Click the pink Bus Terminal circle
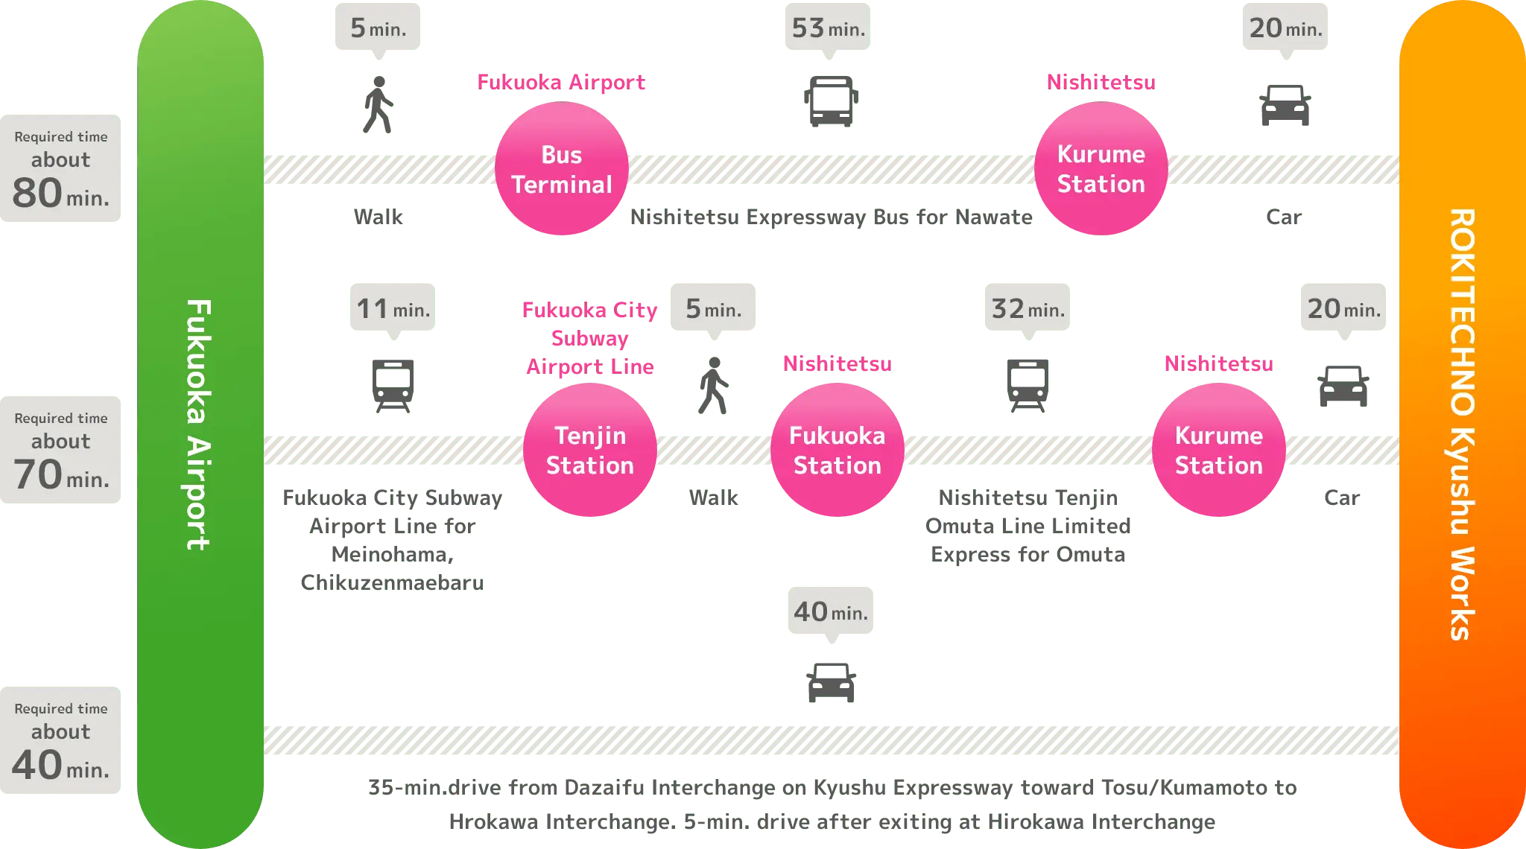coord(562,169)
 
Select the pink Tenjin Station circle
coord(589,450)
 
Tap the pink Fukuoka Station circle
coord(837,450)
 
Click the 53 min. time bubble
coord(827,28)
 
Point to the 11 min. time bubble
coord(392,308)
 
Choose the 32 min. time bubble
coord(1028,308)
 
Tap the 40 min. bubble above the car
coord(831,612)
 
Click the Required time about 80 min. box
coord(62,170)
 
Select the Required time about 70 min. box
coord(62,451)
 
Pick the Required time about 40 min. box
coord(62,742)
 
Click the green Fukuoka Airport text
coord(199,424)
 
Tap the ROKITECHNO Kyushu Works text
coord(1462,424)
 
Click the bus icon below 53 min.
coord(829,101)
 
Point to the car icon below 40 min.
coord(830,681)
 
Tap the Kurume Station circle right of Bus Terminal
coord(1101,169)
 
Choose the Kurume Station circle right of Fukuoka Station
coord(1218,450)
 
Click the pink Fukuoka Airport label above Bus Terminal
coord(561,82)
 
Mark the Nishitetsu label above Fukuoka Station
coord(837,363)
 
